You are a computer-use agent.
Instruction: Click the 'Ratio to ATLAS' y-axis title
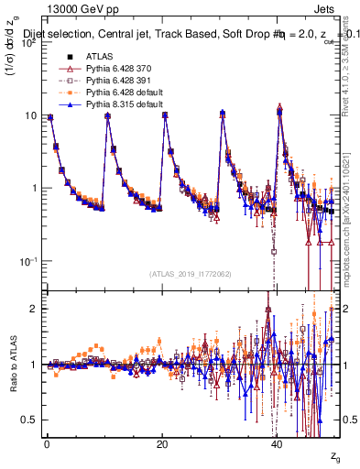pos(12,364)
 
